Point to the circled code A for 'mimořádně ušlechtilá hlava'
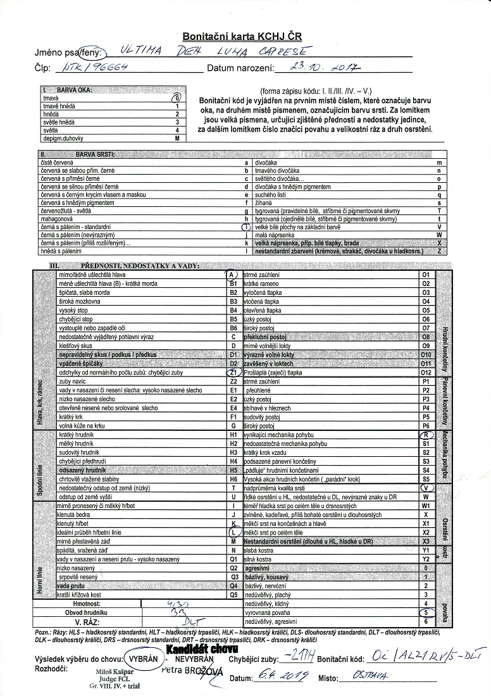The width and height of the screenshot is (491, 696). (x=232, y=275)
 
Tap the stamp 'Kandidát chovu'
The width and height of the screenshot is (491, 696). (x=201, y=649)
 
